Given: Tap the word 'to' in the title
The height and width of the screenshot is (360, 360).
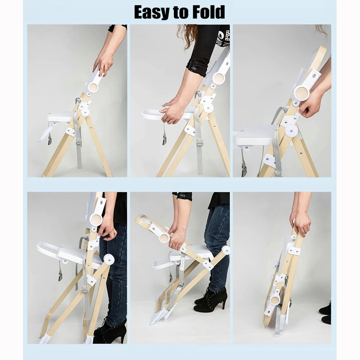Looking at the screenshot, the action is (185, 13).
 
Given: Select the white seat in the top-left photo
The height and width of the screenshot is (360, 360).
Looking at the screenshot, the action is (60, 117).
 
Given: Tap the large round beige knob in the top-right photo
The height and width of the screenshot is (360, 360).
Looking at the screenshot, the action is (302, 93).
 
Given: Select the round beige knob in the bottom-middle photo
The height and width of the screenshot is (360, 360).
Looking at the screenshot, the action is (164, 238).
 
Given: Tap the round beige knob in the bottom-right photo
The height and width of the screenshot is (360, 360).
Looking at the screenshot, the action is (275, 301).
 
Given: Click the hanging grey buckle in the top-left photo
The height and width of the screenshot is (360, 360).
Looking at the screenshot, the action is (50, 139).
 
